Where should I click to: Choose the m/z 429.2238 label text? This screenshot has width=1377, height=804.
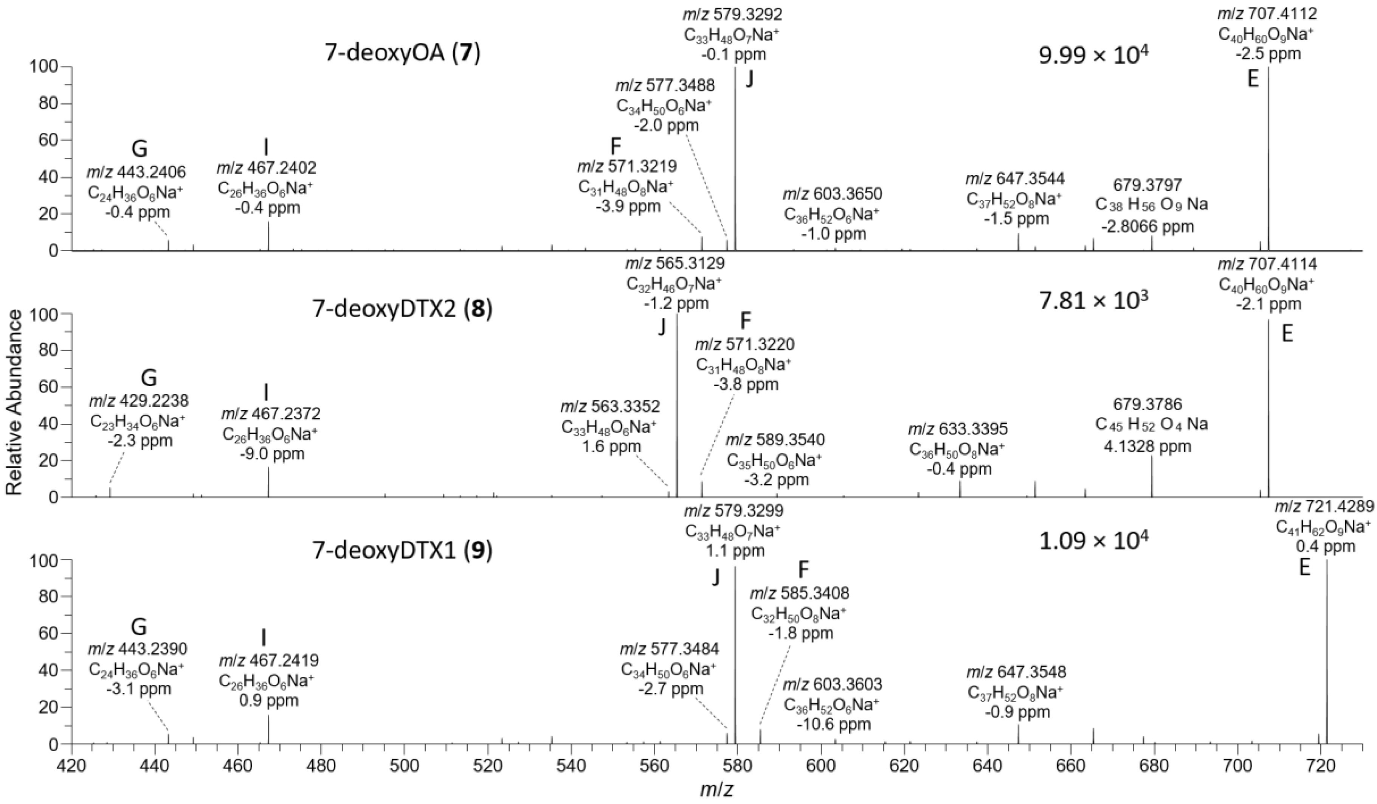(138, 401)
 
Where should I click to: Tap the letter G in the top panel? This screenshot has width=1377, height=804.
(140, 148)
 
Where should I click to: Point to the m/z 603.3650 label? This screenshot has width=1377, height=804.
(833, 194)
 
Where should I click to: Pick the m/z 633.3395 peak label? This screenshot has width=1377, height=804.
(957, 428)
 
